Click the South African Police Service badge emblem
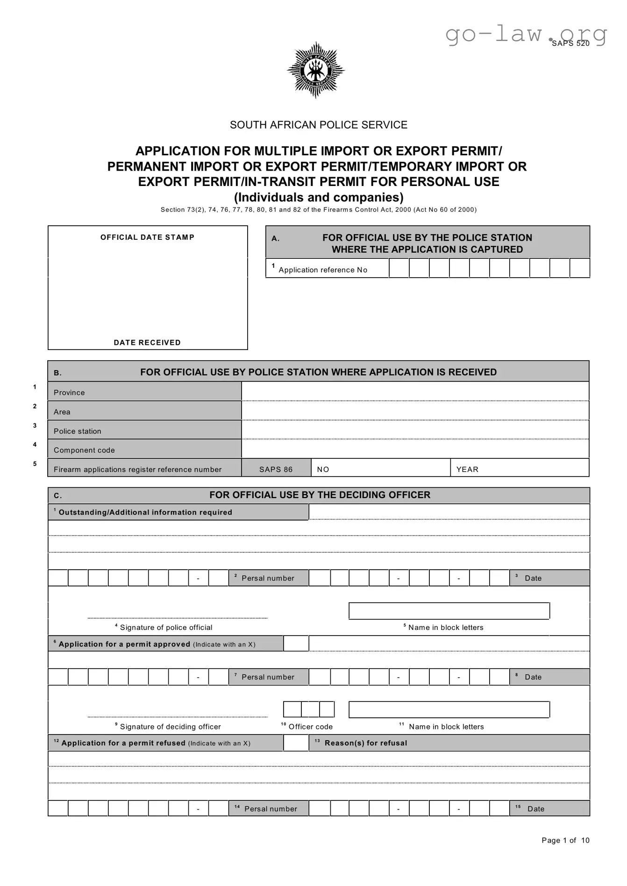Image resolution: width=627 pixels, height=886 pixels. (x=316, y=70)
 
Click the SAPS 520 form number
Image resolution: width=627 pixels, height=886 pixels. (x=570, y=43)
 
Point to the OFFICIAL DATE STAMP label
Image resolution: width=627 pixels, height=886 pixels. (x=147, y=237)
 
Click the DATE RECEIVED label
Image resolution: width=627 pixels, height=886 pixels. (x=147, y=343)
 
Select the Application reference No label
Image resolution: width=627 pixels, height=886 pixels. (x=323, y=270)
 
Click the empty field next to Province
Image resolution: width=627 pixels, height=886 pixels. (x=415, y=392)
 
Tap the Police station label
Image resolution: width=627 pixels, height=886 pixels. (x=78, y=431)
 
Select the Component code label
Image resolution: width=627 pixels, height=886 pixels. (x=84, y=450)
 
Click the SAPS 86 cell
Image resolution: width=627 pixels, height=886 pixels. (x=276, y=469)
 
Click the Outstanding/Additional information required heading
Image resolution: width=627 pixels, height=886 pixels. (x=145, y=512)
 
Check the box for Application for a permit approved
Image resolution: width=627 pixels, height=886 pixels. (x=296, y=643)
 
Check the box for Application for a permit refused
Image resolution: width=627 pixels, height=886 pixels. (x=296, y=743)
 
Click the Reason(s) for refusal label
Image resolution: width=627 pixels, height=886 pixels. (x=365, y=743)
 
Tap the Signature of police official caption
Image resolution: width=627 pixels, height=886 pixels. (x=166, y=628)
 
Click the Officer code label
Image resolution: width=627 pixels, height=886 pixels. (x=310, y=727)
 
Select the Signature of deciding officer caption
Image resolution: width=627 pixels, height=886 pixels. (x=170, y=727)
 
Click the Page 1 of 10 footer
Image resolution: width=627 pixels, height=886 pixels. (x=565, y=840)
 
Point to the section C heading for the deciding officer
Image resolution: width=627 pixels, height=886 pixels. (x=320, y=495)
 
